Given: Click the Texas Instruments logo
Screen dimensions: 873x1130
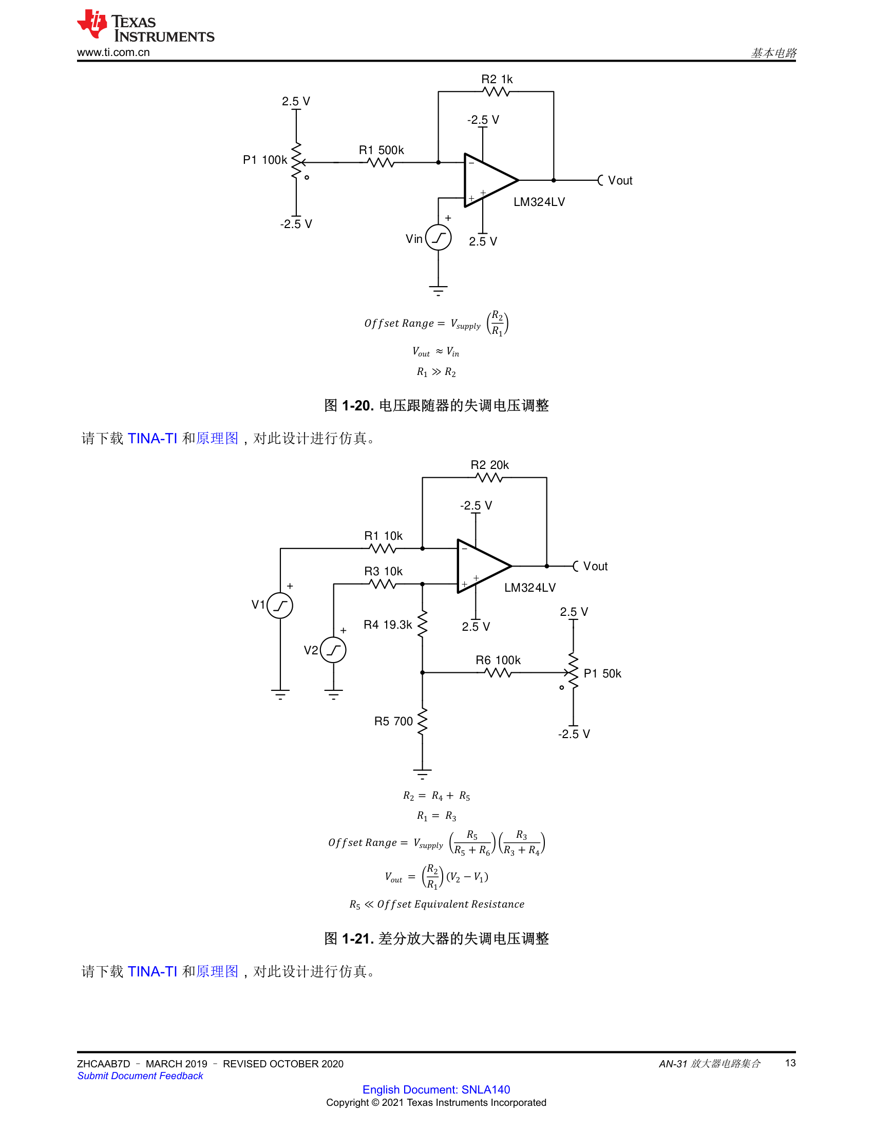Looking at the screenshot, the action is coord(145,26).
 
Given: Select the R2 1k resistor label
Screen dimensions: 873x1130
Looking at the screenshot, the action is coord(497,79).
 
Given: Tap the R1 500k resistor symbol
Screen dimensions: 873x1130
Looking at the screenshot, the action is coord(381,162).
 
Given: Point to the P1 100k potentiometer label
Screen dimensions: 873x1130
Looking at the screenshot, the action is coord(265,160).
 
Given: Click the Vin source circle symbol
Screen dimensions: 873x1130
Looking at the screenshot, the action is coord(439,237).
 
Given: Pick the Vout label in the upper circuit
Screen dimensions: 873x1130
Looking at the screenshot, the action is coord(620,181).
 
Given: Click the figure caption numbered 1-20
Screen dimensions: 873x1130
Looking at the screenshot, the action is coord(436,405).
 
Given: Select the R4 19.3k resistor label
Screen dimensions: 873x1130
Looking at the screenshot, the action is coord(388,625).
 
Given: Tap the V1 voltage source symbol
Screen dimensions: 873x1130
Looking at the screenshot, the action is coord(280,606).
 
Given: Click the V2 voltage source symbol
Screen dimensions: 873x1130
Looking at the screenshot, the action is coord(333,650).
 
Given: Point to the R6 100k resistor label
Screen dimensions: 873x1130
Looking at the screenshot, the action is coord(498,660).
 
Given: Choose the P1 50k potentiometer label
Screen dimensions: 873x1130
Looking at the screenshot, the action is coord(602,673).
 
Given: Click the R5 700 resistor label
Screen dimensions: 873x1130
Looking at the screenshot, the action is coord(393,721).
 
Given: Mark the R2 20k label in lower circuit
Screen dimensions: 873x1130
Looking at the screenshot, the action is coord(490,465).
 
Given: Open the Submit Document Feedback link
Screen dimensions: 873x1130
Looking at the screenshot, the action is coord(140,1076).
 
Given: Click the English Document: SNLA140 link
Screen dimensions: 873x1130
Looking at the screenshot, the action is coord(436,1089).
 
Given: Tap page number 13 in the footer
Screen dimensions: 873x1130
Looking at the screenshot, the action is coord(790,1063).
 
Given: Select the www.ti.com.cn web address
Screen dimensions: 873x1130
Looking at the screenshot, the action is coord(113,52).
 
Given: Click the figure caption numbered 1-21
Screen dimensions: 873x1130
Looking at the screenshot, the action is coord(436,938).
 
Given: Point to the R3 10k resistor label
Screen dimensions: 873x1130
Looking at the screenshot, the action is coord(383,571).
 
